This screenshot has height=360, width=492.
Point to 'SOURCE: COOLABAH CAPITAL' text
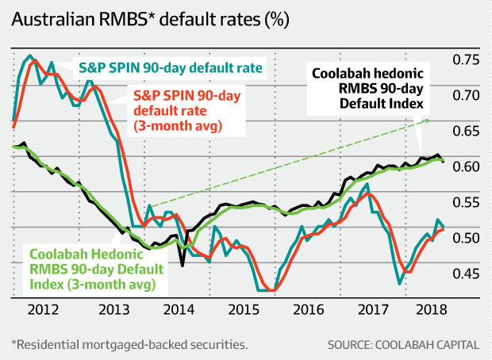[403, 345]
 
